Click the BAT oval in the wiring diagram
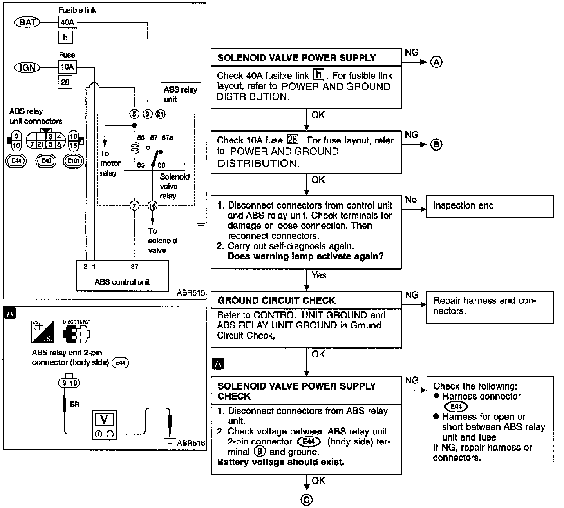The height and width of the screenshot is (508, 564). tap(27, 22)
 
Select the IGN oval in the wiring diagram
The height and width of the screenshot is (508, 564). tap(27, 67)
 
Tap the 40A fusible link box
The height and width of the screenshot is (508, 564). tap(67, 22)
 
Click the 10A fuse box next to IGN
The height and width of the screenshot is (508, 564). tap(67, 67)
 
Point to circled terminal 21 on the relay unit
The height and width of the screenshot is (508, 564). tap(161, 114)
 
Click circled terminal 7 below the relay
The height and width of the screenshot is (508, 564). tap(134, 206)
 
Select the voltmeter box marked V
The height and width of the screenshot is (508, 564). tap(104, 425)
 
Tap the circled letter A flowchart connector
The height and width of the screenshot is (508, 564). tap(436, 62)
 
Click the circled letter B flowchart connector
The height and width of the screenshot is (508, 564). tap(436, 144)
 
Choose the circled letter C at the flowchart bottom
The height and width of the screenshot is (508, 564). tap(306, 499)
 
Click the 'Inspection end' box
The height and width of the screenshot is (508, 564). tap(490, 207)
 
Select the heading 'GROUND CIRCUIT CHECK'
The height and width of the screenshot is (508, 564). tap(277, 301)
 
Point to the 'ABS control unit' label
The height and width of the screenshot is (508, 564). tap(122, 282)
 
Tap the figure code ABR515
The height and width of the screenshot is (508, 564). tap(191, 293)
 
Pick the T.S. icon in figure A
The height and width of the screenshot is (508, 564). tap(43, 332)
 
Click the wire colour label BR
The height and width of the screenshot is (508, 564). tap(75, 405)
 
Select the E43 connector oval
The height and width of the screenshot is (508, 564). tap(46, 161)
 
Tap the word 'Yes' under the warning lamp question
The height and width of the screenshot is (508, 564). tap(319, 275)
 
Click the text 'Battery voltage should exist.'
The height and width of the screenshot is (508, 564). tap(281, 462)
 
